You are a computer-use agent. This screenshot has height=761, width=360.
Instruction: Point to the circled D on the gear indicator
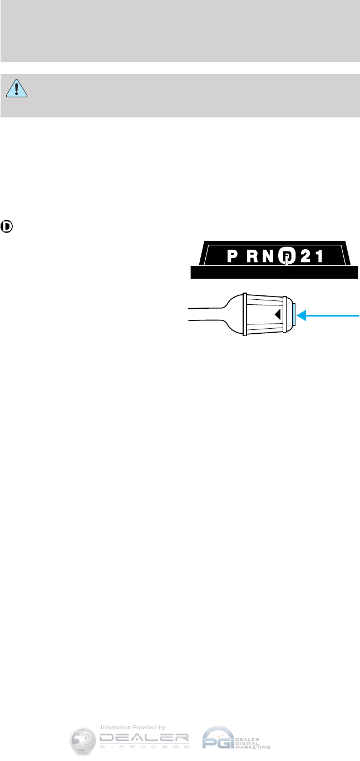[x=285, y=256]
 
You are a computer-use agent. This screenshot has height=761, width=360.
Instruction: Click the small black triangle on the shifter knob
[x=277, y=315]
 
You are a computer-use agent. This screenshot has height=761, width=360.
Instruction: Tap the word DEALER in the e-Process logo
[x=144, y=737]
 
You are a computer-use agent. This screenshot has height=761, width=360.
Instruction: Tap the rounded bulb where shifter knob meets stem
[x=233, y=315]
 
